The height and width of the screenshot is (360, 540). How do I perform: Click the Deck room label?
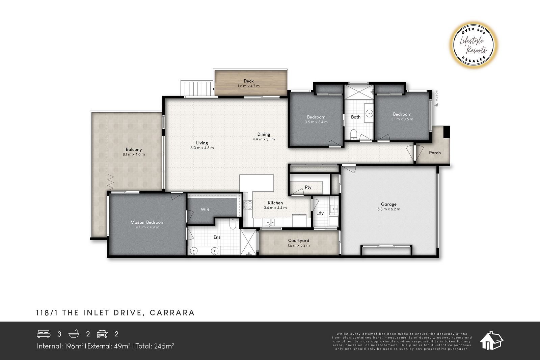pos(248,81)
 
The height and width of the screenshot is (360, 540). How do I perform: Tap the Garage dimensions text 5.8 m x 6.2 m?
pos(388,209)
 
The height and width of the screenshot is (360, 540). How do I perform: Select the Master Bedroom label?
pos(147,222)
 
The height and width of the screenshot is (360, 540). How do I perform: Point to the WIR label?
pos(205,210)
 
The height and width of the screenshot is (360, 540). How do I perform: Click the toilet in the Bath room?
pos(353,134)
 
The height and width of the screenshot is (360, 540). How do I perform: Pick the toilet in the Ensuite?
pos(233,224)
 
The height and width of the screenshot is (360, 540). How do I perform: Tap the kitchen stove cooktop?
pos(248,205)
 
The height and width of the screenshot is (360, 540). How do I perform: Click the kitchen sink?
pos(270,222)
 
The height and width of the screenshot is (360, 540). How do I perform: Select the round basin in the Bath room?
pos(369,113)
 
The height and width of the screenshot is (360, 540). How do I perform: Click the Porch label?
pos(435,153)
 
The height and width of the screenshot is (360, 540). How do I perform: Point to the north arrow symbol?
pos(437,105)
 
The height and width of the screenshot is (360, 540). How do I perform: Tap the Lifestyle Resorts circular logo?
pos(473,45)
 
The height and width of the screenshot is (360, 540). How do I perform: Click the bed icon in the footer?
pos(44,334)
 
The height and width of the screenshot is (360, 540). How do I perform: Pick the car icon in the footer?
pos(103,334)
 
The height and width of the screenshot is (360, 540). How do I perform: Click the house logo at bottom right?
pos(491,341)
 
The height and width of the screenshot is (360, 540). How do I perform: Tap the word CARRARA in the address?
pos(172,313)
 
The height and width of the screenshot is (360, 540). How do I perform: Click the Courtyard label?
pos(298,241)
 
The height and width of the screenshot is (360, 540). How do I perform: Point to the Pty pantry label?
pos(308,187)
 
